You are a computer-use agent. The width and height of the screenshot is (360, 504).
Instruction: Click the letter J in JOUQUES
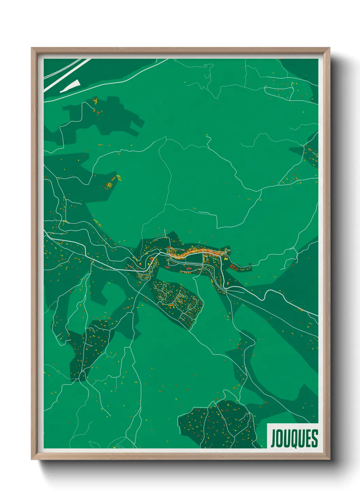coord(274,439)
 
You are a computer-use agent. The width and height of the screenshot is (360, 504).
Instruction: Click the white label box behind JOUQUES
coord(293,427)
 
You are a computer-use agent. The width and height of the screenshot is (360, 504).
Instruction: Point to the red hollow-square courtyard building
coord(233,267)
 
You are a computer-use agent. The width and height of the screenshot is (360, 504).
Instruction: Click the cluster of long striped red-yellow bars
coord(110,184)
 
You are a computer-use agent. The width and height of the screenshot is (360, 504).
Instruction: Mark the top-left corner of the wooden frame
coord(32,48)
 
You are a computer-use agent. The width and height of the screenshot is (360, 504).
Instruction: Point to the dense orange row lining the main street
coord(191,253)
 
